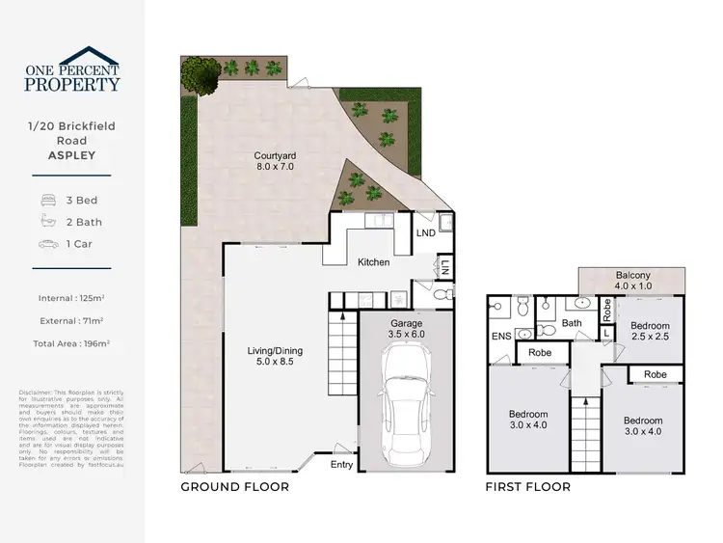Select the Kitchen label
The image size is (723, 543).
pyautogui.click(x=373, y=262)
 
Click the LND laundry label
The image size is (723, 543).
pyautogui.click(x=424, y=233)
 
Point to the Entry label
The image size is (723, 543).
pyautogui.click(x=341, y=465)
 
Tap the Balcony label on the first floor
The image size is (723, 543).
pyautogui.click(x=632, y=281)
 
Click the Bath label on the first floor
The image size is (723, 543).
pyautogui.click(x=572, y=323)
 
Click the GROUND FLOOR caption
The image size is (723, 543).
pyautogui.click(x=234, y=487)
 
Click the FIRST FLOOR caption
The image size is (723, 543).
pyautogui.click(x=527, y=487)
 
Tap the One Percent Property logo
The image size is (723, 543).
pyautogui.click(x=72, y=69)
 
